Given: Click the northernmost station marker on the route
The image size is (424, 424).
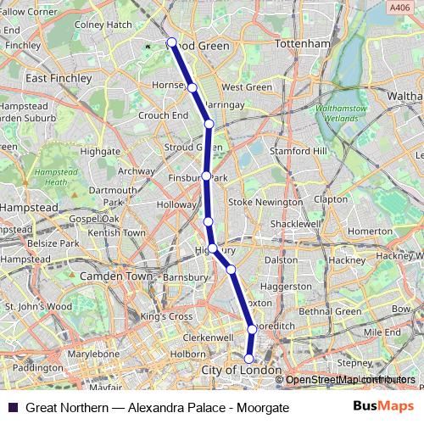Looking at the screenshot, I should pyautogui.click(x=172, y=42).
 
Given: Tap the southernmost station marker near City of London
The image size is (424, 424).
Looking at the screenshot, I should pyautogui.click(x=249, y=358).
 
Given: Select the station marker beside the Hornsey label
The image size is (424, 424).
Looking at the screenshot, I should pyautogui.click(x=192, y=87).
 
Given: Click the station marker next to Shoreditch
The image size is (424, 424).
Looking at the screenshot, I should pyautogui.click(x=252, y=329).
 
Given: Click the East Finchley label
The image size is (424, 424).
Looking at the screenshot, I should pyautogui.click(x=59, y=78).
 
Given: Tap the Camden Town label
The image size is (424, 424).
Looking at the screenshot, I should pyautogui.click(x=114, y=276).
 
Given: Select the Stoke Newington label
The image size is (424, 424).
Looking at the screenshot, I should pyautogui.click(x=265, y=203).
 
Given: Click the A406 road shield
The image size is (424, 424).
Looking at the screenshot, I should pyautogui.click(x=397, y=8).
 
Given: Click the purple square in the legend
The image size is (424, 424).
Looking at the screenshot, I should pyautogui.click(x=12, y=407).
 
